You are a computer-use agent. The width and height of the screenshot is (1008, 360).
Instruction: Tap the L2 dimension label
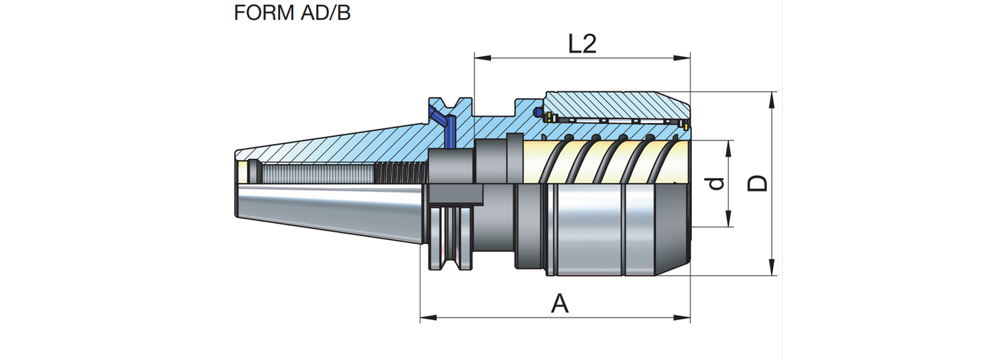[x=582, y=45]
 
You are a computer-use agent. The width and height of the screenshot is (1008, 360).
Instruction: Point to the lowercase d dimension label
[x=716, y=184]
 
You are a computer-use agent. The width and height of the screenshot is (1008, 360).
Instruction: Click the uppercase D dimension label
[x=757, y=184]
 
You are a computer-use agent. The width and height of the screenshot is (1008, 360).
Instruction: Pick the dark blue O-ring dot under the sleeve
[x=536, y=113]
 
